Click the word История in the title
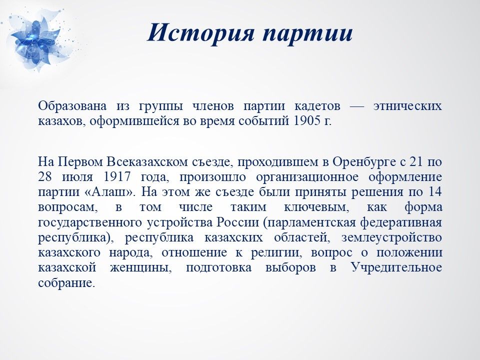click(201, 33)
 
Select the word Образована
click(72, 106)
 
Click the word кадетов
click(317, 106)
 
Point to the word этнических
click(408, 106)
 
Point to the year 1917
click(117, 177)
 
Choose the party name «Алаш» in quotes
click(110, 192)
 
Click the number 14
click(435, 192)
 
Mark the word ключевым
click(317, 207)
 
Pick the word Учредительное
click(396, 268)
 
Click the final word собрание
click(65, 283)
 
